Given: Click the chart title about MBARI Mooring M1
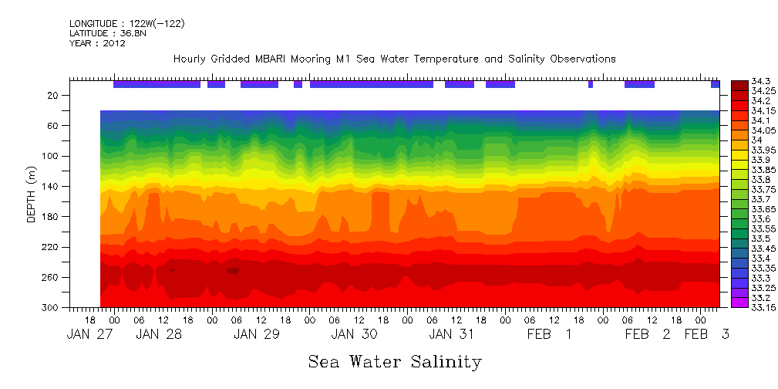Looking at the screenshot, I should click(x=394, y=59).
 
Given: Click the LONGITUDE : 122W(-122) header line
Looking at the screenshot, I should click(x=127, y=24).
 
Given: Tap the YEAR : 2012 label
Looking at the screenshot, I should click(x=97, y=44).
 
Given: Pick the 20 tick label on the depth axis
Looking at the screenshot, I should click(x=53, y=96).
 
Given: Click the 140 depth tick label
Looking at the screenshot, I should click(x=50, y=187).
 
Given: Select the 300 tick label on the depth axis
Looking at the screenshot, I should click(x=50, y=308).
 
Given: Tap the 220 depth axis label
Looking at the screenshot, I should click(x=50, y=248).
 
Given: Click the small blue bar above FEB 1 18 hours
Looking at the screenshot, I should click(x=591, y=84).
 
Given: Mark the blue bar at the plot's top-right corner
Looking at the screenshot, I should click(x=715, y=84).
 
